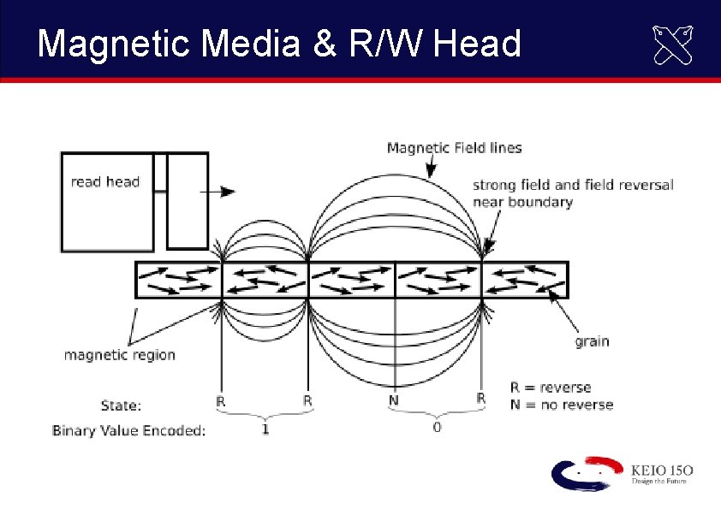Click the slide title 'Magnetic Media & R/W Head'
(x=279, y=43)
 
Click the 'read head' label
(x=104, y=181)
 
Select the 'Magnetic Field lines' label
(x=454, y=148)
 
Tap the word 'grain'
(x=592, y=341)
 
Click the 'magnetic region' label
(x=120, y=355)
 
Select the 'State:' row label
(x=121, y=405)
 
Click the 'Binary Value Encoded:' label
(x=128, y=430)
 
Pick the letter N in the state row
(x=394, y=400)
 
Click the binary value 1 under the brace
(x=265, y=429)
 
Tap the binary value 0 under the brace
(x=437, y=428)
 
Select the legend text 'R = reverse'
(x=551, y=388)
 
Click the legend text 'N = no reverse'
(x=562, y=405)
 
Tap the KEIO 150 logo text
(x=660, y=471)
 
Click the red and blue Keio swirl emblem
(x=587, y=473)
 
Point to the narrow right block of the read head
(x=188, y=201)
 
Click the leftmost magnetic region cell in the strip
(x=179, y=280)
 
